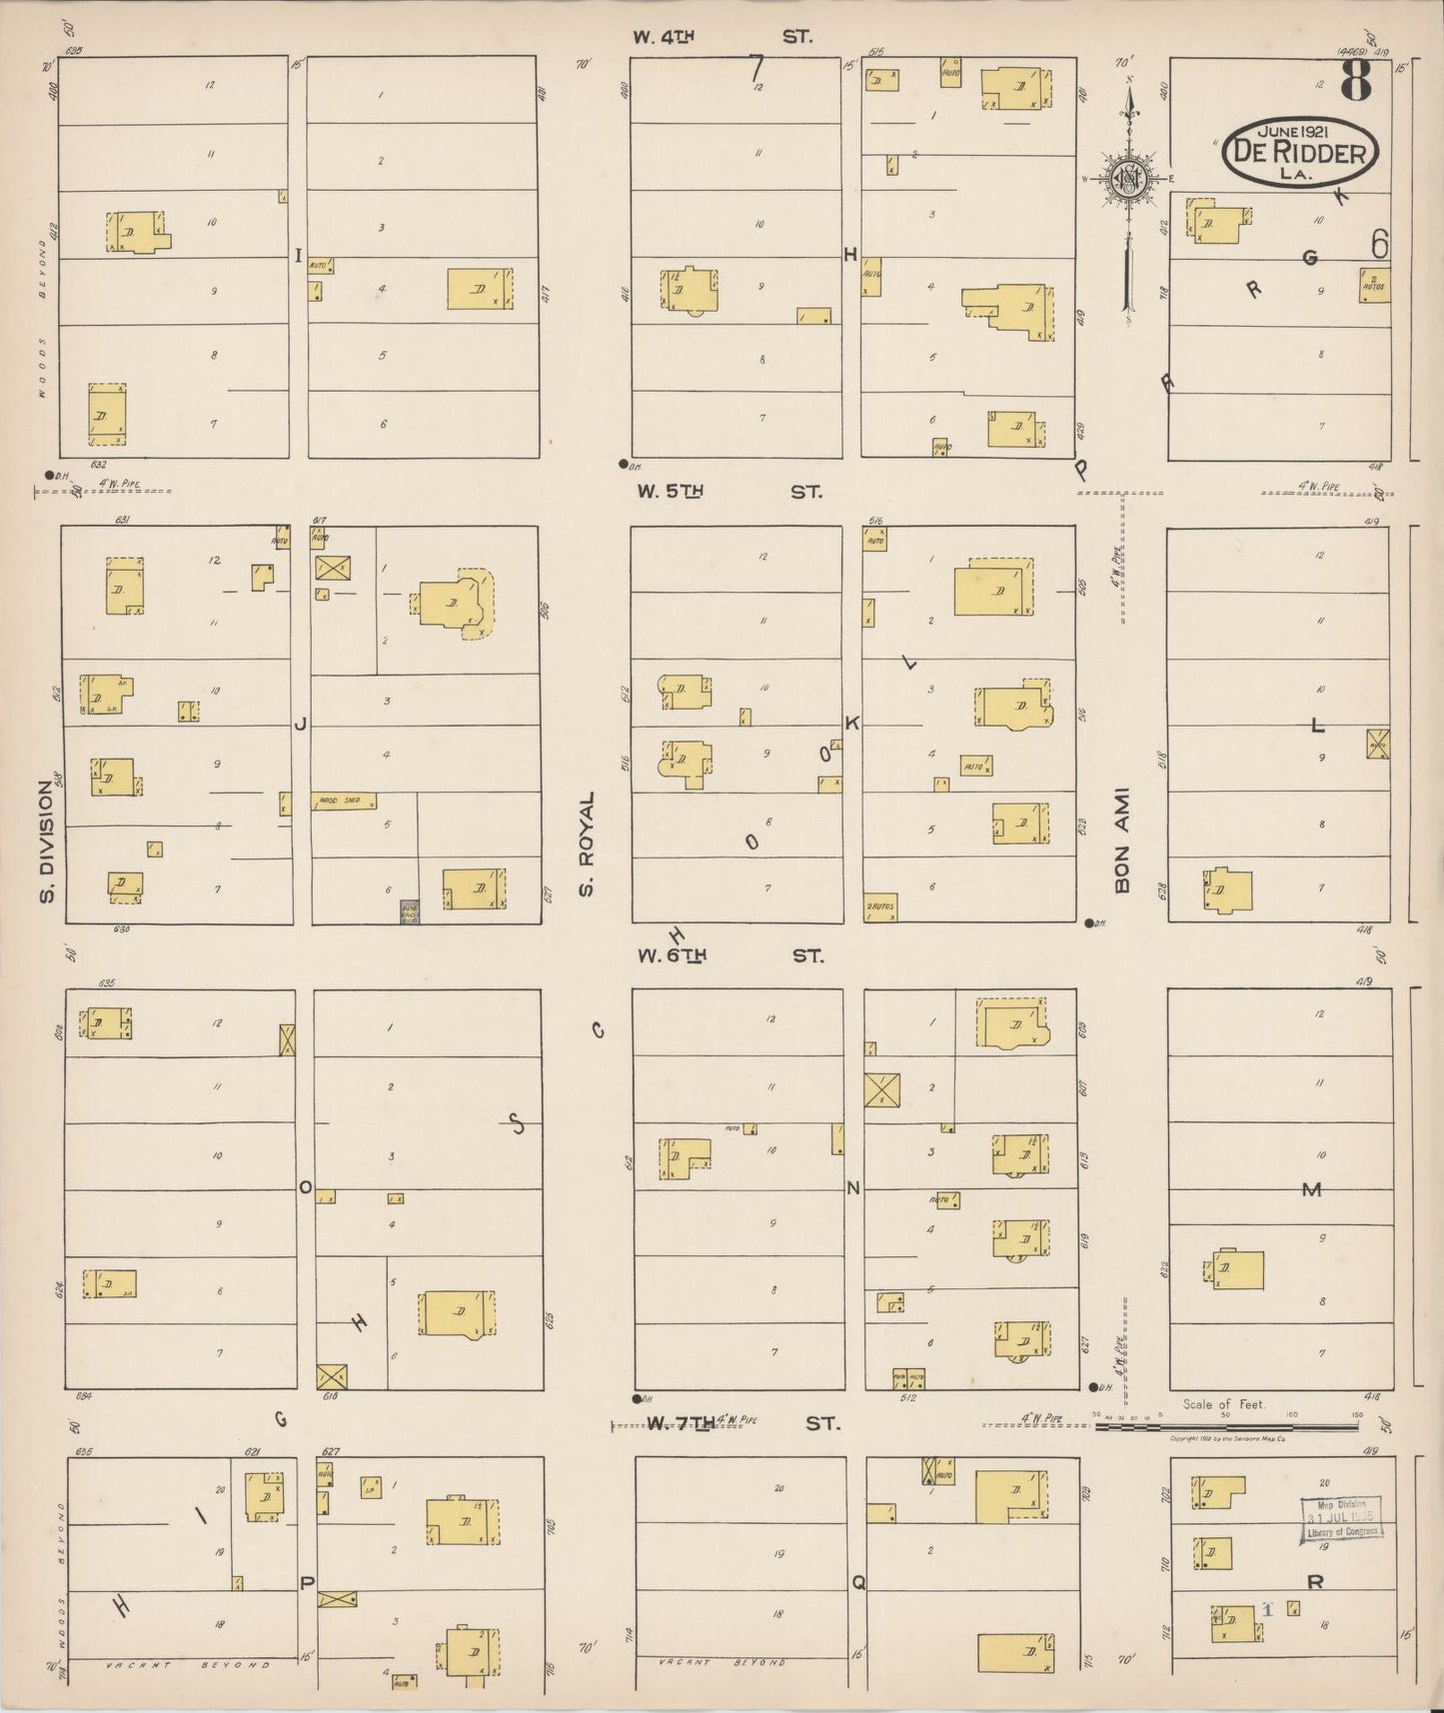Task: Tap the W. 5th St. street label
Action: click(728, 492)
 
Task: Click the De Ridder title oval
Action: click(1299, 152)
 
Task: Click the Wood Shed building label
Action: click(344, 802)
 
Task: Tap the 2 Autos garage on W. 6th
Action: click(880, 906)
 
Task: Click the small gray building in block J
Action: click(409, 911)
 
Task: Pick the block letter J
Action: click(300, 724)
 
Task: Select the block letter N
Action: click(853, 1188)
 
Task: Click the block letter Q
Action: click(857, 1582)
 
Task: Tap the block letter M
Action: click(1311, 1189)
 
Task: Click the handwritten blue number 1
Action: click(1267, 1609)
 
